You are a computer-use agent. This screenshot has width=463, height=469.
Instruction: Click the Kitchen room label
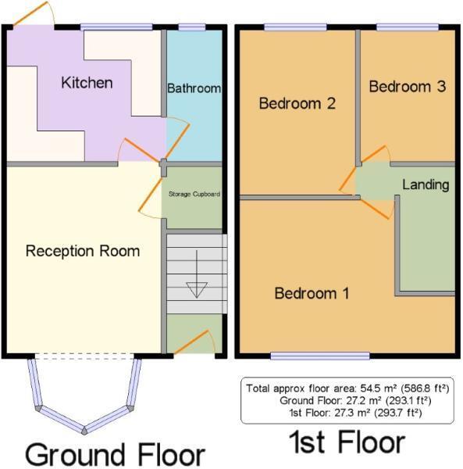point(87,83)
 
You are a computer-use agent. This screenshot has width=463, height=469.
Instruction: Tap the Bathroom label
point(194,88)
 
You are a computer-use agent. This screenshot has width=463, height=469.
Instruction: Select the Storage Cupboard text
point(194,194)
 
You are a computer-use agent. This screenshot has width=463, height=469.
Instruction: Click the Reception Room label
point(83,251)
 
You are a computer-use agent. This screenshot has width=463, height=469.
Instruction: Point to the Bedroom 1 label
point(312,293)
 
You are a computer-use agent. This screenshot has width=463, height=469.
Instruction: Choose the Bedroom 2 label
point(297,102)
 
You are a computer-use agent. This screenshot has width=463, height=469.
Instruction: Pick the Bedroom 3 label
point(407,87)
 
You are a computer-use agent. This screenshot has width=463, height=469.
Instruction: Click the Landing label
point(426,185)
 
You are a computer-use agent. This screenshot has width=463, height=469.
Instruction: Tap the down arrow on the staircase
point(195,285)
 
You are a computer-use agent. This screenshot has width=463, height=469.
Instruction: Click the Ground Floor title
point(115,454)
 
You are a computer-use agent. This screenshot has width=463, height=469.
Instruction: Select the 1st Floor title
point(347,443)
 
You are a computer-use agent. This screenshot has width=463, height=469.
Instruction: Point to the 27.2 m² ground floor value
point(362,400)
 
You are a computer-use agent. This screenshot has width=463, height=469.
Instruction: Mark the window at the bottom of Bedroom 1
point(319,356)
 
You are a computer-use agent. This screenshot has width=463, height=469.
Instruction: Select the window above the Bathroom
point(191,27)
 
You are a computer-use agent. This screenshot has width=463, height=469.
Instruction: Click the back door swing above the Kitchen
point(35,16)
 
